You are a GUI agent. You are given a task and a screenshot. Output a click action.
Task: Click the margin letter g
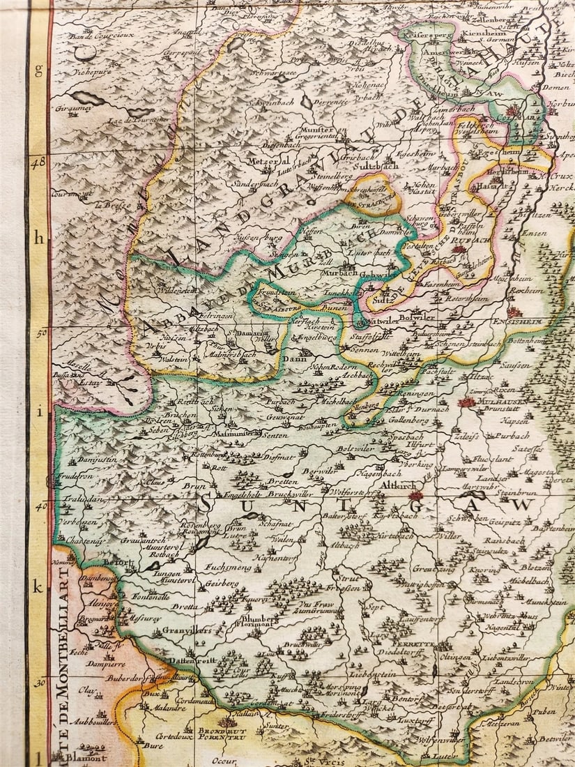39,70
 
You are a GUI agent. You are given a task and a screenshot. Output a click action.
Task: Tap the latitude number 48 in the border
39,160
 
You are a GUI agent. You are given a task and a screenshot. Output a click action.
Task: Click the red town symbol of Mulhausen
467,402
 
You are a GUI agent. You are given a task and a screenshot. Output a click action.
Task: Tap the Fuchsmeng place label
228,568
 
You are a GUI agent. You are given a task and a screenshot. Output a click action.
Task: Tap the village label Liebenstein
374,675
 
